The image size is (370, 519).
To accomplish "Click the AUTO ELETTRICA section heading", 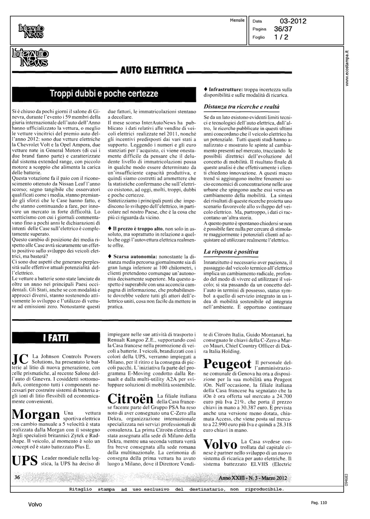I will [x=152, y=71].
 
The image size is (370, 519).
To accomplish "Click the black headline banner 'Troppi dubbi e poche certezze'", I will [x=104, y=94].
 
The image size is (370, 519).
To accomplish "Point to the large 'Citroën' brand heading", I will [x=130, y=399].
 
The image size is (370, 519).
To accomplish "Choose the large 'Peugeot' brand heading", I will [x=227, y=364].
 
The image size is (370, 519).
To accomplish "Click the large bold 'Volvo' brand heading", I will [x=220, y=444].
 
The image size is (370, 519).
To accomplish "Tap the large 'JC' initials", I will [x=20, y=359].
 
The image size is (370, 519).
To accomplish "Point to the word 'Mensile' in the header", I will [x=237, y=20].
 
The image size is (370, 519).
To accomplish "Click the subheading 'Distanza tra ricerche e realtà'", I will [x=242, y=107].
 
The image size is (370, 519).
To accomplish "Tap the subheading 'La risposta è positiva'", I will [x=231, y=252].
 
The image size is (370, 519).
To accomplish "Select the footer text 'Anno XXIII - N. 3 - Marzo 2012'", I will [x=253, y=478].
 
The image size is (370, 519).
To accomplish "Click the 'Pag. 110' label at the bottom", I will [x=318, y=503].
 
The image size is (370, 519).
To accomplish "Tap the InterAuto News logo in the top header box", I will [x=31, y=30].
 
